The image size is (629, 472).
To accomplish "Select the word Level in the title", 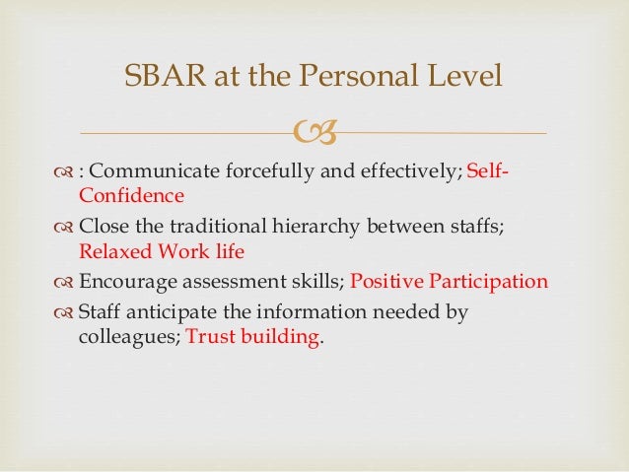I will click(x=466, y=76).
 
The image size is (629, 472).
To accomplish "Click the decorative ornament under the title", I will click(x=314, y=133).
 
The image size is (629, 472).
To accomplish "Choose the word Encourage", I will click(x=125, y=282).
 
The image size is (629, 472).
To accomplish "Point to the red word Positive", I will click(x=384, y=282).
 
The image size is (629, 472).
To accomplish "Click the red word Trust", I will click(x=209, y=336).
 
